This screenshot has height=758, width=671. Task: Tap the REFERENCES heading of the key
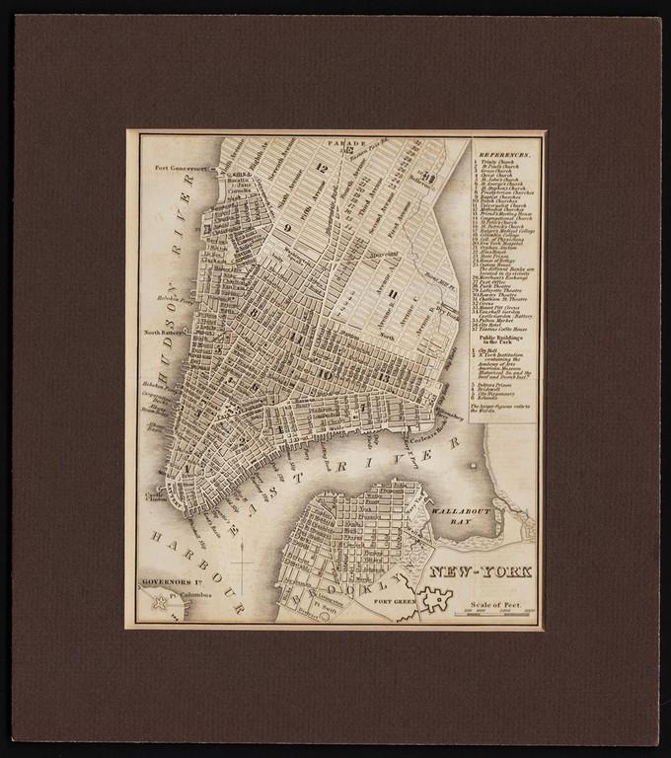(504, 156)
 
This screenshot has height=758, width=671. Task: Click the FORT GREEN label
(393, 600)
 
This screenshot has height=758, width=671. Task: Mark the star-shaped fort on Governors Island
(158, 603)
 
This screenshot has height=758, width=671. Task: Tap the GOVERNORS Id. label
(176, 581)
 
